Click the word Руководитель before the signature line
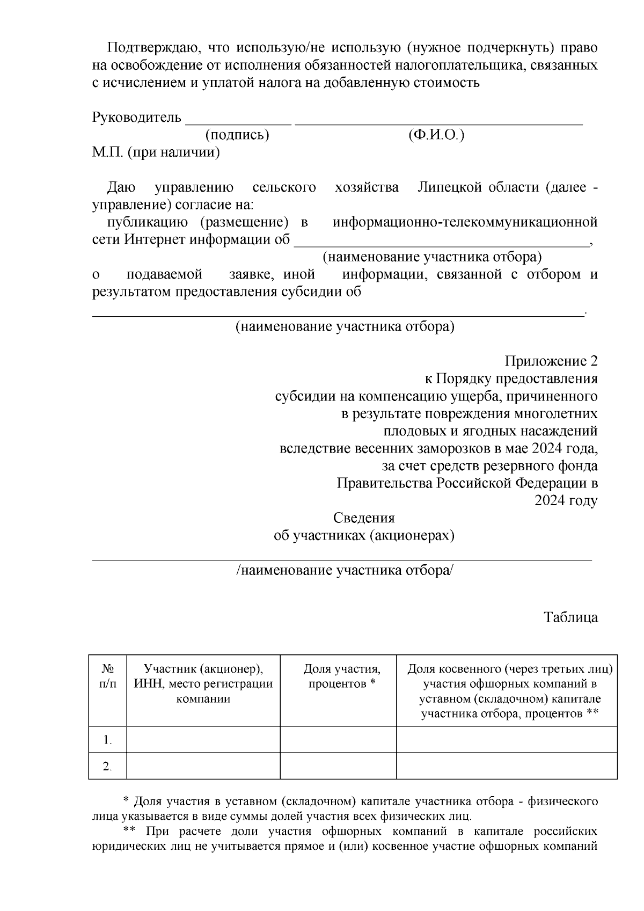tap(137, 118)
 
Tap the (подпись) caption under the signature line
tap(237, 135)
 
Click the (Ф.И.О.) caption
tap(436, 135)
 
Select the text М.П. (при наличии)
tap(156, 152)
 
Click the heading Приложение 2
tap(551, 361)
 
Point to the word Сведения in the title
tap(364, 518)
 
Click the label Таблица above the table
tap(571, 617)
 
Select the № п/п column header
tap(108, 676)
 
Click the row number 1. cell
tap(108, 740)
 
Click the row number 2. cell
tap(108, 767)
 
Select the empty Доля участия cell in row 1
tap(338, 740)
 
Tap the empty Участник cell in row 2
tap(203, 766)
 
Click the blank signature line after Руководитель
tap(238, 119)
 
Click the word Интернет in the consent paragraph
tap(156, 239)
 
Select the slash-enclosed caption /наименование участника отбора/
tap(345, 570)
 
